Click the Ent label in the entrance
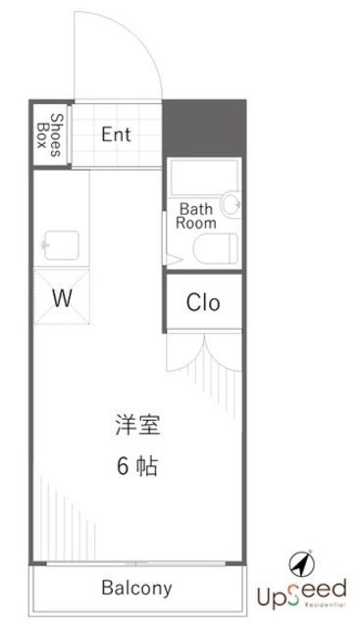click(116, 134)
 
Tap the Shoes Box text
click(50, 134)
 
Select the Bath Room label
click(196, 215)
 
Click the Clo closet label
click(203, 303)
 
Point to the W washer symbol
click(62, 296)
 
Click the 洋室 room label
click(136, 427)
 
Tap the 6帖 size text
click(136, 466)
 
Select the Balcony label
click(136, 589)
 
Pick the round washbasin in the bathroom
click(231, 204)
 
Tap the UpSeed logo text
click(301, 591)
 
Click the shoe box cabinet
click(50, 134)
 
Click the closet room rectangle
click(203, 303)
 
